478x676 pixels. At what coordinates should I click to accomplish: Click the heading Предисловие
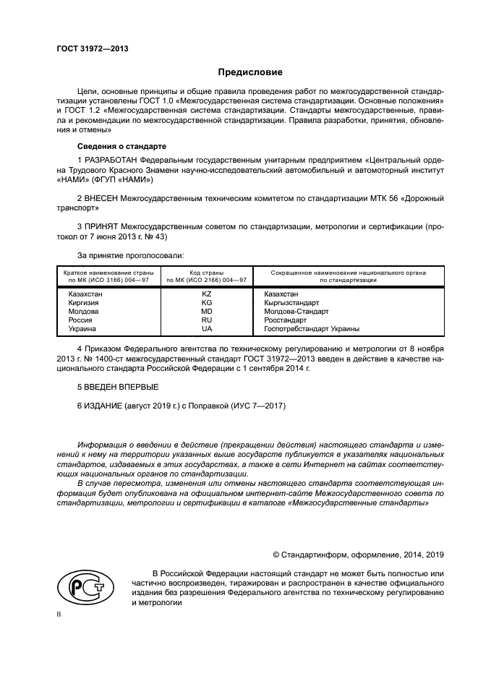pos(251,72)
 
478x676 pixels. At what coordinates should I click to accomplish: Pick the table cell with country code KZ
pos(206,294)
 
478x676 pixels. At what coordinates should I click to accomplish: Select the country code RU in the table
pos(206,320)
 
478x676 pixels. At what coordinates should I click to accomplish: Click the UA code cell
pos(206,328)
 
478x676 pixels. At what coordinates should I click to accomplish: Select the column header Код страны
pos(206,273)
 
